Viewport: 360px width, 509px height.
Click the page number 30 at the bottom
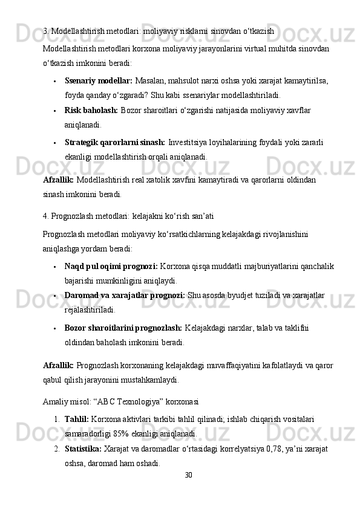click(x=188, y=475)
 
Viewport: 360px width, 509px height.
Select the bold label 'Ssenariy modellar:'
click(x=99, y=80)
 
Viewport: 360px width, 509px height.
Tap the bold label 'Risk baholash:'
click(x=91, y=111)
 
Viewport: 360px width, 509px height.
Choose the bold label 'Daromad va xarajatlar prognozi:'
click(x=125, y=295)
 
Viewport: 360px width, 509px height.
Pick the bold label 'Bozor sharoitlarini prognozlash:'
click(x=123, y=328)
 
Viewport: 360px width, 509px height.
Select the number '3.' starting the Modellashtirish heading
click(x=47, y=30)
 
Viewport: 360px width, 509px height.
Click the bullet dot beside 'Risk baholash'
click(x=55, y=111)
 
